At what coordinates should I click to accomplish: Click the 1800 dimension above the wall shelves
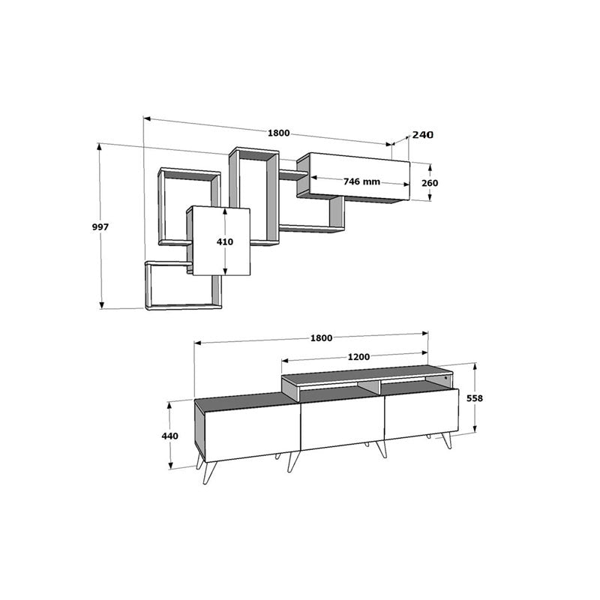(278, 133)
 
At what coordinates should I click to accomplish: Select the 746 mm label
(361, 181)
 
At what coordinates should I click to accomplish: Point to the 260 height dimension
(430, 183)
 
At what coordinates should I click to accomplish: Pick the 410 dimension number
(225, 241)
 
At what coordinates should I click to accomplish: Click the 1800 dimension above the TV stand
(321, 338)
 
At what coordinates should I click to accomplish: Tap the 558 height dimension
(474, 398)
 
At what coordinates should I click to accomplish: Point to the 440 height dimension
(170, 436)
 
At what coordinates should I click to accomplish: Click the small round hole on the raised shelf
(445, 379)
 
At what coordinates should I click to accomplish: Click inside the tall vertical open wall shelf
(255, 199)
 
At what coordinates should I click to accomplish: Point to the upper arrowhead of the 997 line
(100, 148)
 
